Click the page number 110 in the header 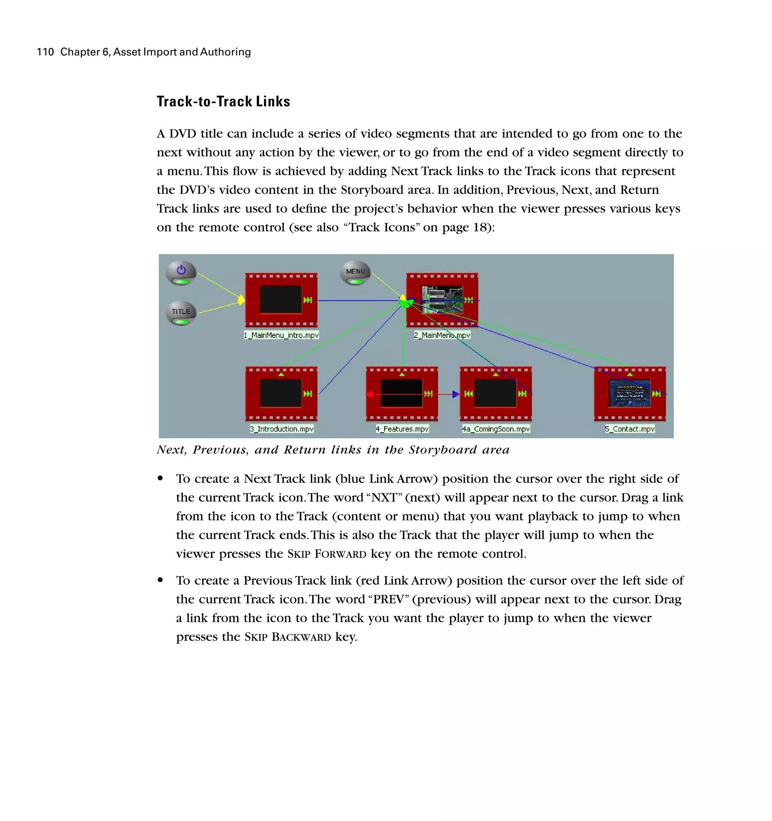45,52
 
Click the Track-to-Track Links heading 223,102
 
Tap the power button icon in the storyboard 181,271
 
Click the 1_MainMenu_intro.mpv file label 281,335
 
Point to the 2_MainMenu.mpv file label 442,335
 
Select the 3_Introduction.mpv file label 282,429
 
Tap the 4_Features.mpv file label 402,429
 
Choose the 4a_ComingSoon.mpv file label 496,429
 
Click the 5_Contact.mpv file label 630,429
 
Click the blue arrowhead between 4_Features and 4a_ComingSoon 455,394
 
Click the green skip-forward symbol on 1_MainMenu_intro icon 308,300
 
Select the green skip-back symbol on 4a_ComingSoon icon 468,394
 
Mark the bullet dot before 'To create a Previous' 160,580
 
